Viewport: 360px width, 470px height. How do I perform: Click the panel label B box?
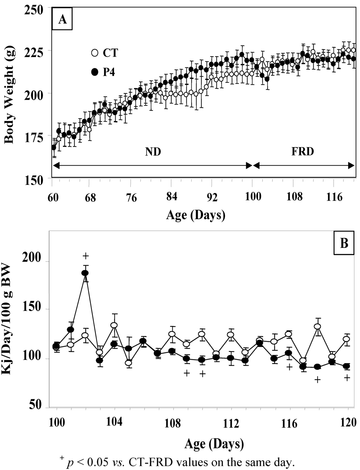pyautogui.click(x=343, y=243)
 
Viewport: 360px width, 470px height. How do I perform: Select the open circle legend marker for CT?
pyautogui.click(x=94, y=53)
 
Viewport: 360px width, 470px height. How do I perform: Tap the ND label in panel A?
pyautogui.click(x=153, y=152)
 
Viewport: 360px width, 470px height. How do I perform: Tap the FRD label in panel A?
pyautogui.click(x=302, y=152)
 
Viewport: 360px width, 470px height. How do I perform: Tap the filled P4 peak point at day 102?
pyautogui.click(x=85, y=273)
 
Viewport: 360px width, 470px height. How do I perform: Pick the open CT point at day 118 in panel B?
pyautogui.click(x=317, y=326)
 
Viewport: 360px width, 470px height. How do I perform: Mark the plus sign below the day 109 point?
pyautogui.click(x=187, y=373)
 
